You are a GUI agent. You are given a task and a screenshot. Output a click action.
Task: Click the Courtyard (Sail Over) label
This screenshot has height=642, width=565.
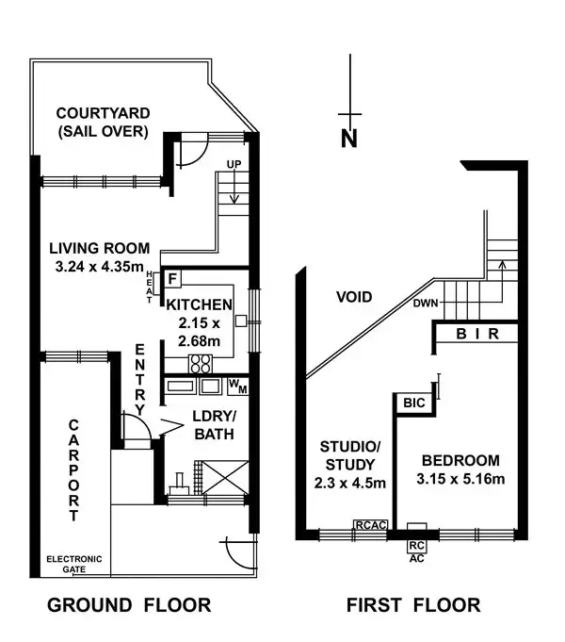coord(101,123)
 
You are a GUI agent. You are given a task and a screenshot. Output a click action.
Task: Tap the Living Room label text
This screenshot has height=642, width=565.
coord(100,249)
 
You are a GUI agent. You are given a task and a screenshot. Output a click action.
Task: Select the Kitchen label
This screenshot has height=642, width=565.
coord(198,305)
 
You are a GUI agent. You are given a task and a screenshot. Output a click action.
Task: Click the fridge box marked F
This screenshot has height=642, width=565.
coord(173,279)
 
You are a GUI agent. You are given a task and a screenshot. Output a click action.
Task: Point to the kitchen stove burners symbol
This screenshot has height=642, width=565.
coord(201,363)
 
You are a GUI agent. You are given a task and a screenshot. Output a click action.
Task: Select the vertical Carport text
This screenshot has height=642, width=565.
coord(74,470)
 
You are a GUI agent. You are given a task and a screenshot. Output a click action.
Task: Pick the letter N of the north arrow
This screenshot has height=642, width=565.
coord(349,139)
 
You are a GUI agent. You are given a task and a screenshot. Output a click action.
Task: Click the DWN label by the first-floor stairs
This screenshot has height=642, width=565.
coord(426,304)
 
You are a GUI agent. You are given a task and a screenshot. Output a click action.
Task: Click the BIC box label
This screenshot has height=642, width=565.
coord(413,403)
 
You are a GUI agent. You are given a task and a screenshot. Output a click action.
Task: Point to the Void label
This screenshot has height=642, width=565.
coord(354,297)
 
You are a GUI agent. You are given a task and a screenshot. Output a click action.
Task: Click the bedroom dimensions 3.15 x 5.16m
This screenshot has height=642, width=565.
coord(460,479)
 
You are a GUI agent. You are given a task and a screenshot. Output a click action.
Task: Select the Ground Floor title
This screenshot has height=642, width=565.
coord(129,605)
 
